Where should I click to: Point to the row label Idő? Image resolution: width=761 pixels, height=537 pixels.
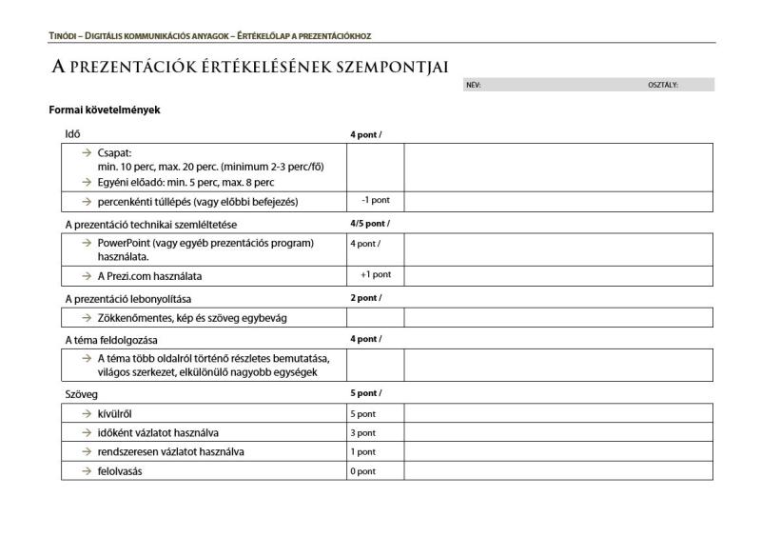pos(72,134)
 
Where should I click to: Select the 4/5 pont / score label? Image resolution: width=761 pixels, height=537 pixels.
pos(369,224)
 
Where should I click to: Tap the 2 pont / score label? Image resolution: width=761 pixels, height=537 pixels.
pos(365,298)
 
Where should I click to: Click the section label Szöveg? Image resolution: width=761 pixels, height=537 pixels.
pos(82,393)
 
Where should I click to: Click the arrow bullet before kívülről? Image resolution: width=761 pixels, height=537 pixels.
pos(86,413)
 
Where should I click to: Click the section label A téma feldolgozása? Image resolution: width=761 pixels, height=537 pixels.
pos(111,339)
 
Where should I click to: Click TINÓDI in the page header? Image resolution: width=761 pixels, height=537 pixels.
pos(64,36)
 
